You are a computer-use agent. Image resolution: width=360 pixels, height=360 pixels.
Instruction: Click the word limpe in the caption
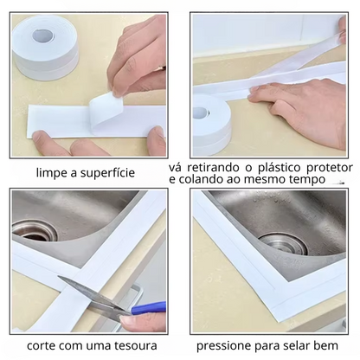pos(53,173)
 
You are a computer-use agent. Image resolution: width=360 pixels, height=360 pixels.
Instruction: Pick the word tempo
pos(310,179)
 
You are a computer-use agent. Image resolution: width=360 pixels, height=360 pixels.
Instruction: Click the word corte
pos(44,345)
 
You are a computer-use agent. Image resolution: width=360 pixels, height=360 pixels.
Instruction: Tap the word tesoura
pos(130,345)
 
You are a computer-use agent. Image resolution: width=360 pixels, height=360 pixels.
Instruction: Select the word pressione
pos(228,345)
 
